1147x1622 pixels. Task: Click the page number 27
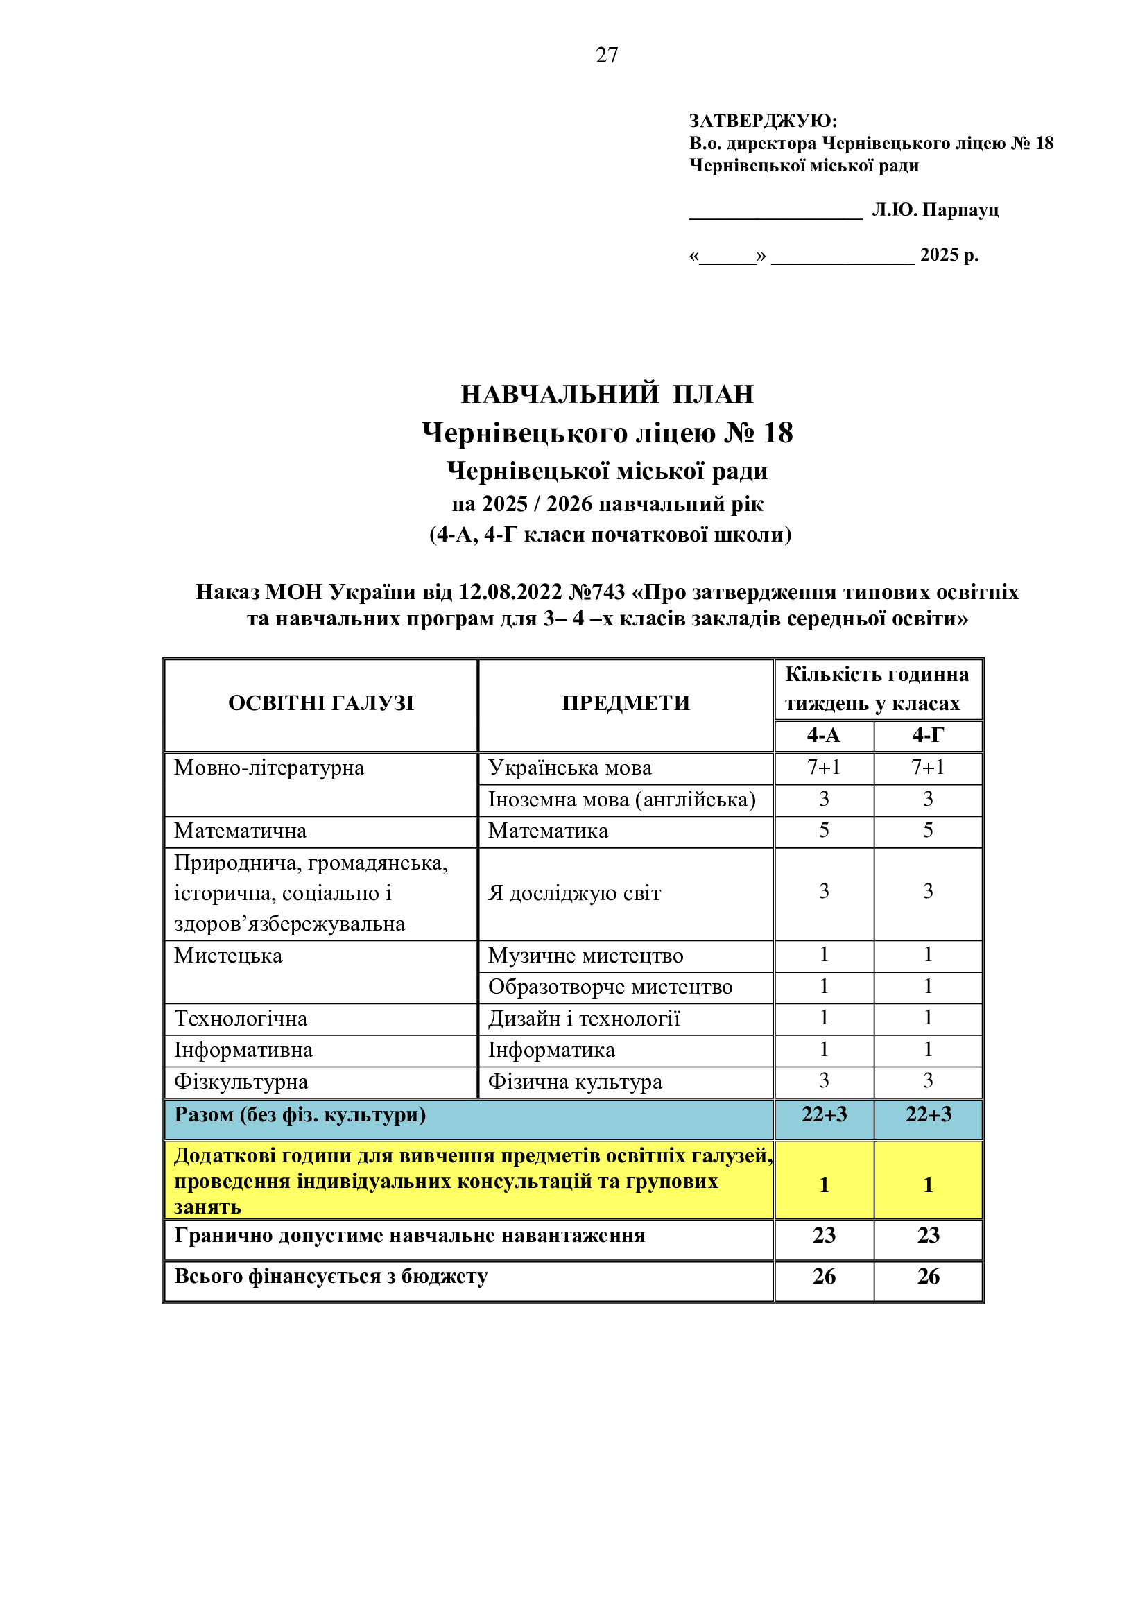coord(607,55)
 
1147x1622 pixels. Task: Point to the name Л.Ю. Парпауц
coord(934,210)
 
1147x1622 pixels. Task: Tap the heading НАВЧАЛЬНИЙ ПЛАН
coord(607,394)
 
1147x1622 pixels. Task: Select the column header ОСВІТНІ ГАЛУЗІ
coord(320,703)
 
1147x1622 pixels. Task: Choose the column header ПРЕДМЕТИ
coord(626,703)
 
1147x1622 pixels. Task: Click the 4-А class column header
coord(824,735)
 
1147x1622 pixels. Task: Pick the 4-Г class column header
coord(927,735)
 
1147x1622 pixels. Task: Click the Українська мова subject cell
coord(570,768)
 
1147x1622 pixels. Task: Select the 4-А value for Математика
coord(824,831)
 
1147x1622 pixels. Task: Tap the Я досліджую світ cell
coord(574,894)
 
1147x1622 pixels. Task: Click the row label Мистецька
coord(228,956)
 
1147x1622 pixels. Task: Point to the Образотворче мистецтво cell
coord(610,987)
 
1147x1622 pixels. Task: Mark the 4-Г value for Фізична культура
coord(927,1081)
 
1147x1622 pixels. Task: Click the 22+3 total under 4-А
coord(824,1115)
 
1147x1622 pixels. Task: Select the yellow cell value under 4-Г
coord(927,1184)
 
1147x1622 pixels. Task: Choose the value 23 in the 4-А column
coord(824,1236)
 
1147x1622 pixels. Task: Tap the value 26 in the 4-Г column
coord(927,1277)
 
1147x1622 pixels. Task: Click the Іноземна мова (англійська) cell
coord(621,800)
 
